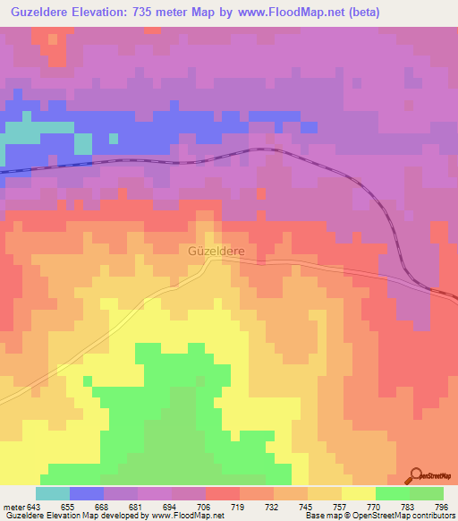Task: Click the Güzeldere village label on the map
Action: (x=216, y=251)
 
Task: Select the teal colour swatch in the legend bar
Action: (x=53, y=493)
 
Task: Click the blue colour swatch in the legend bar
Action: (x=87, y=493)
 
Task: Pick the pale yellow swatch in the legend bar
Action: (x=359, y=493)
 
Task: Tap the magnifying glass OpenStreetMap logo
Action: (x=416, y=475)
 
